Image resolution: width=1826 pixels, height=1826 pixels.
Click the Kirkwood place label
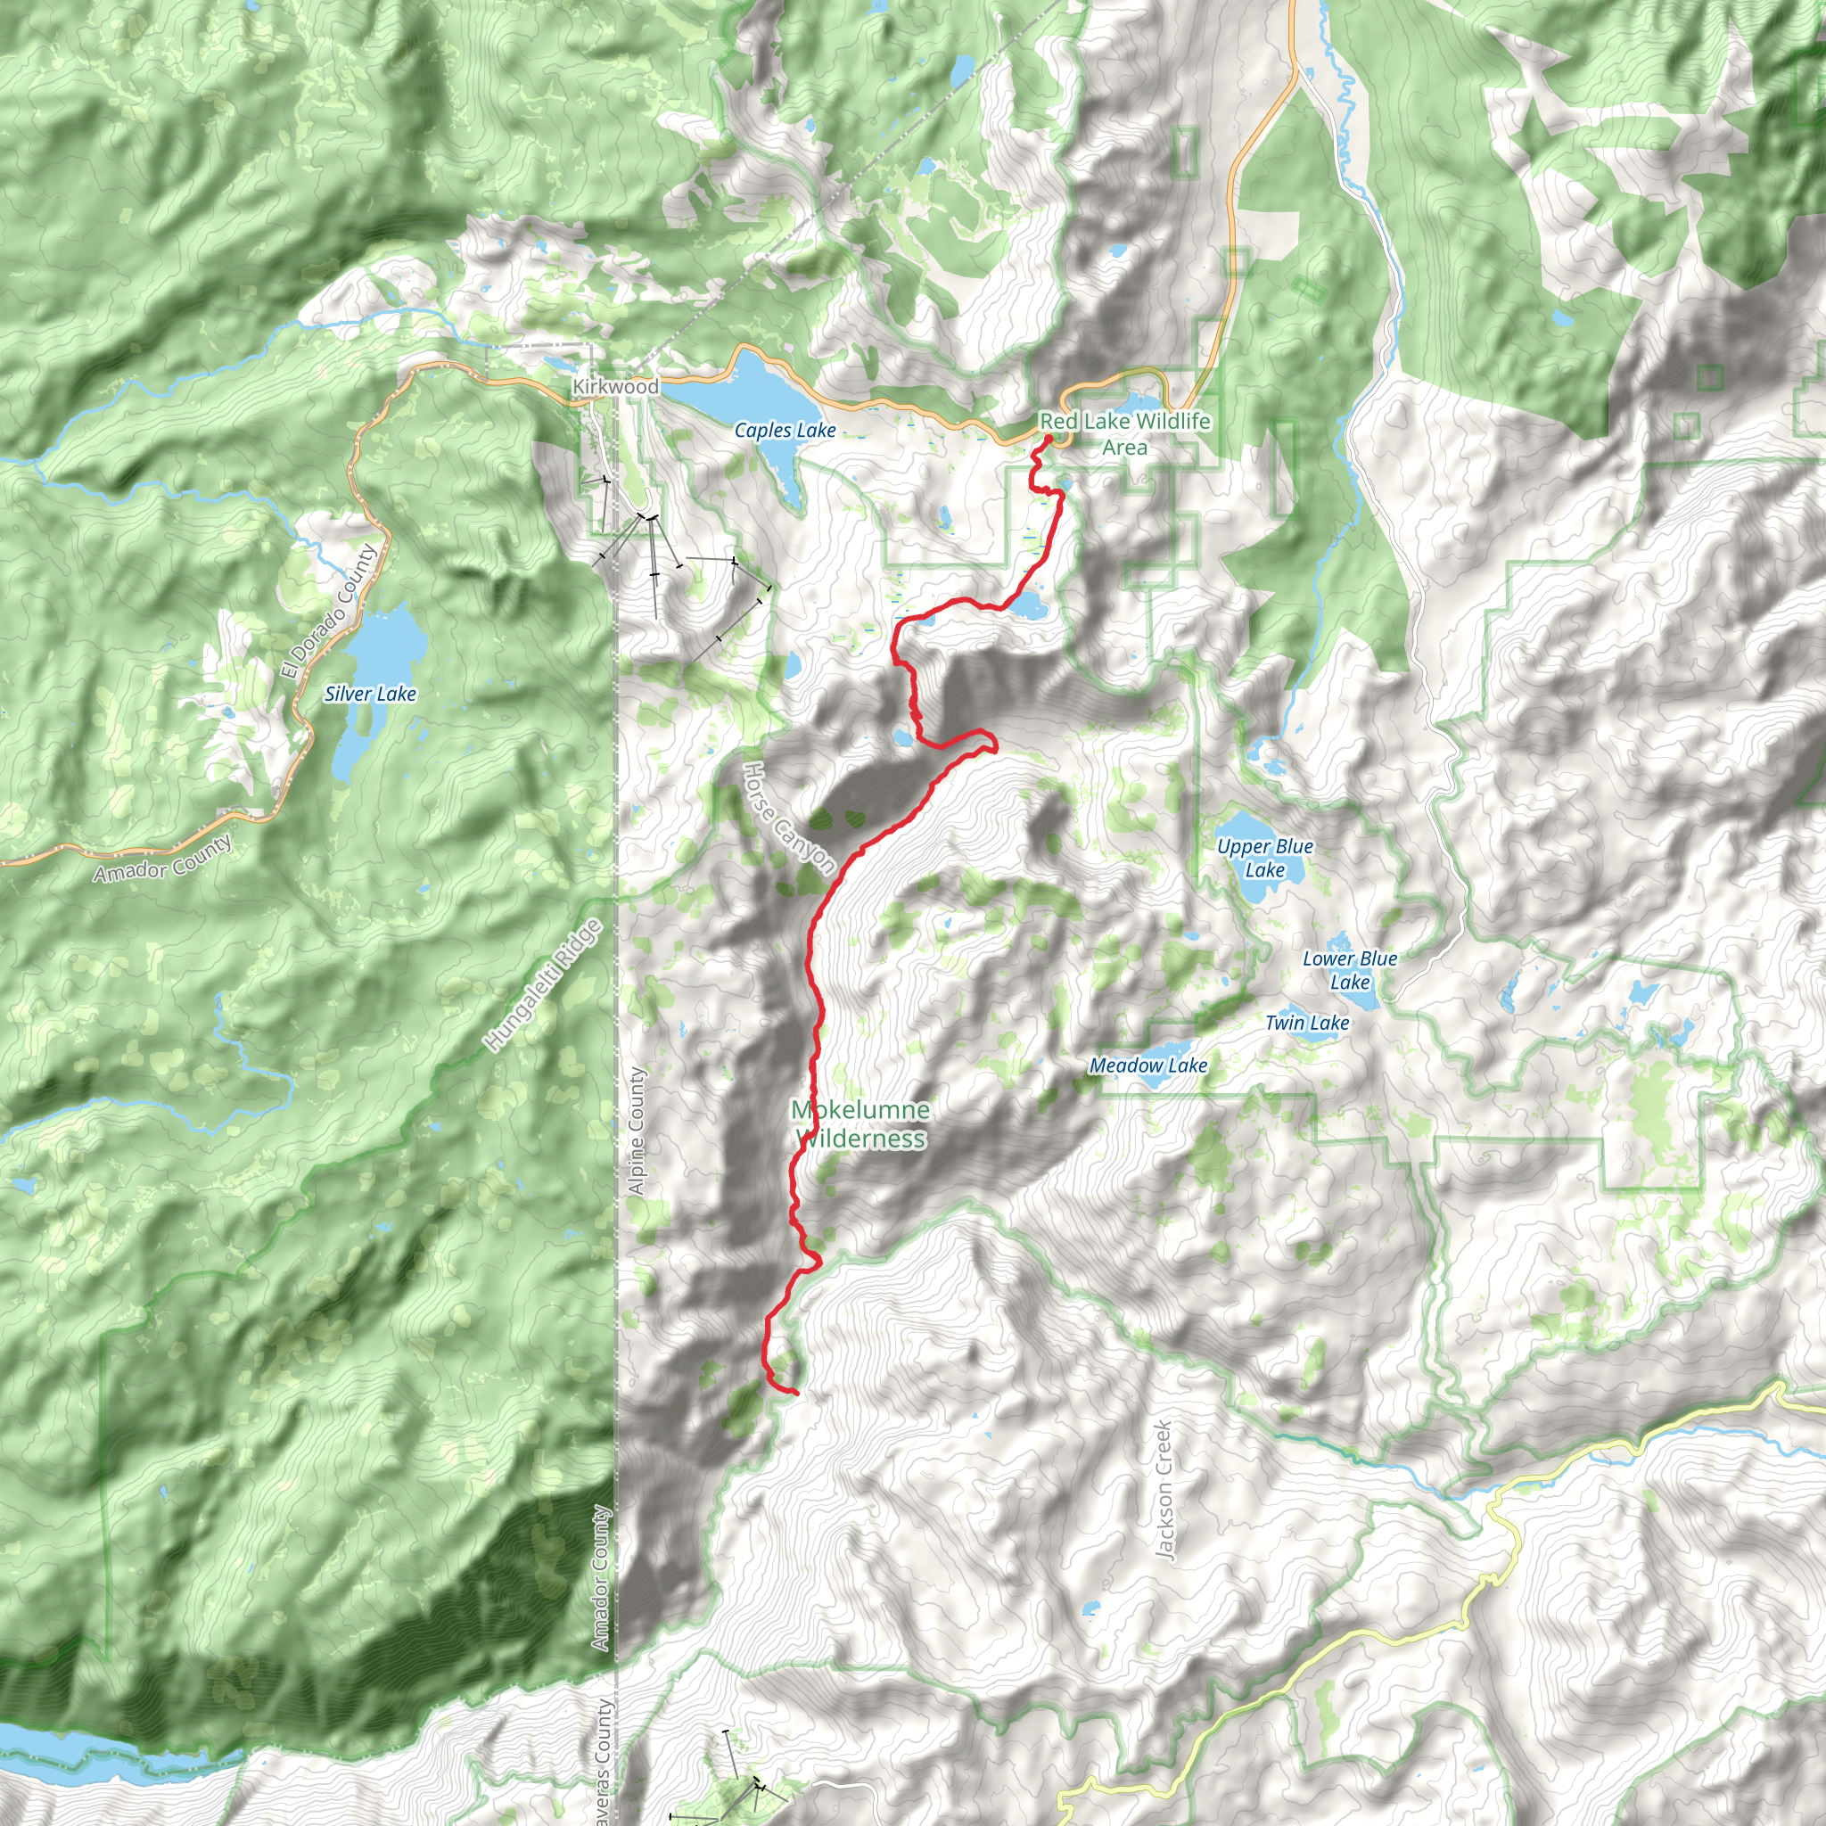(615, 387)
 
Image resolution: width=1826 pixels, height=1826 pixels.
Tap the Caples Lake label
(785, 431)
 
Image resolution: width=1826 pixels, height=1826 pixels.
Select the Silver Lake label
(371, 694)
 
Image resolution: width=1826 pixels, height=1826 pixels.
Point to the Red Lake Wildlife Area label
(1124, 434)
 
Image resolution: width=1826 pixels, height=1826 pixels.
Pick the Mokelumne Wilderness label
(861, 1123)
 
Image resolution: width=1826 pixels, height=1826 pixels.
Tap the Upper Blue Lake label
(1264, 859)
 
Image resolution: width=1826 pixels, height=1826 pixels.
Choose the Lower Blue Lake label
(1350, 970)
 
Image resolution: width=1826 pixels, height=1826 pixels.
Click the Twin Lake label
(1307, 1023)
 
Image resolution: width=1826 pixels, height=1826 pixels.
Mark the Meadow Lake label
(1148, 1066)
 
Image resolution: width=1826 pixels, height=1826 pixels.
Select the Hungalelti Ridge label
(544, 986)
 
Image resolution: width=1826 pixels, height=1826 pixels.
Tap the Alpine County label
(637, 1131)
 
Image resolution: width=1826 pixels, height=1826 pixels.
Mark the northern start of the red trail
(1049, 439)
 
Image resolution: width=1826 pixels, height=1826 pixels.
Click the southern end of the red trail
(796, 1394)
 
